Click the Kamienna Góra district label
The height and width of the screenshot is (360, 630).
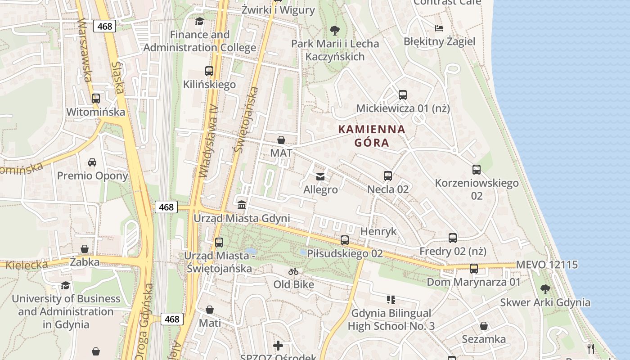pyautogui.click(x=372, y=136)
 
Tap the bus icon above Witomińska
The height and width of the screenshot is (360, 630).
pyautogui.click(x=95, y=99)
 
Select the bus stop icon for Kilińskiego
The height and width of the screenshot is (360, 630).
pyautogui.click(x=209, y=71)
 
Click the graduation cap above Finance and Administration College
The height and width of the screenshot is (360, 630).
pyautogui.click(x=199, y=21)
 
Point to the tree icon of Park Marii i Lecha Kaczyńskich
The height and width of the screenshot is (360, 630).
pyautogui.click(x=334, y=31)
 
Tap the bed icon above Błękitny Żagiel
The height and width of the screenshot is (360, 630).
pyautogui.click(x=439, y=28)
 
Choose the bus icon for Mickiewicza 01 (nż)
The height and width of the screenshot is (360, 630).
pyautogui.click(x=403, y=95)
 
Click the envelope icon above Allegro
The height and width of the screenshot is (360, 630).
pyautogui.click(x=320, y=177)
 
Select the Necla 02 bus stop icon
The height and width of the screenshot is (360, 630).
pyautogui.click(x=388, y=176)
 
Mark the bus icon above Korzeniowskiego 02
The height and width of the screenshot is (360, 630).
pyautogui.click(x=477, y=170)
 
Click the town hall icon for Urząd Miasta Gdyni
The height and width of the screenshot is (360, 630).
pyautogui.click(x=242, y=205)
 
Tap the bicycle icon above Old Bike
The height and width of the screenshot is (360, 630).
pyautogui.click(x=293, y=271)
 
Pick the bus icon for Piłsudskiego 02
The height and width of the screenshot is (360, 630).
pyautogui.click(x=345, y=240)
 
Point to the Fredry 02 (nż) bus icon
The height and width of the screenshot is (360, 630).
pyautogui.click(x=453, y=238)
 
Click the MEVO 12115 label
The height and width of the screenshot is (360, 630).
pyautogui.click(x=547, y=265)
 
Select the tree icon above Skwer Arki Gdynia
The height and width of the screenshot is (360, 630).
pyautogui.click(x=545, y=289)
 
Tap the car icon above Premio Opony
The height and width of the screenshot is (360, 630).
pyautogui.click(x=92, y=162)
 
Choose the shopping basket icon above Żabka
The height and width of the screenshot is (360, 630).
pyautogui.click(x=85, y=249)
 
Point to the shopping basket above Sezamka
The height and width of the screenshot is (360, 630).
pyautogui.click(x=484, y=326)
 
